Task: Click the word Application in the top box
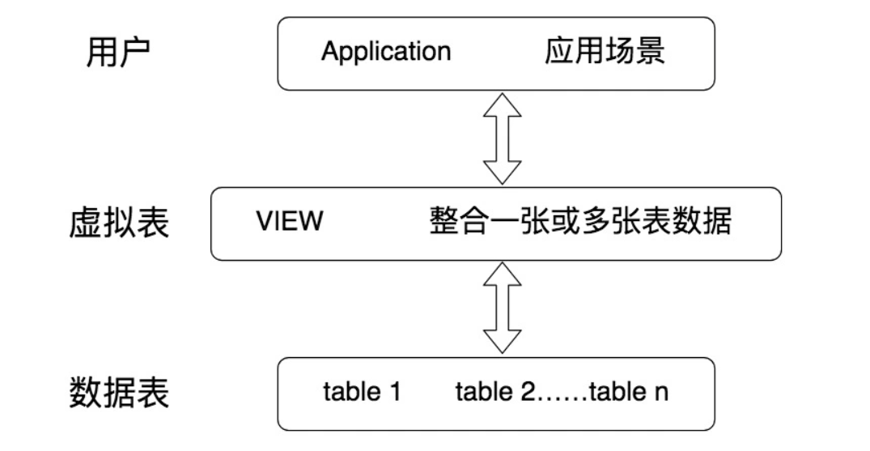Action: (385, 53)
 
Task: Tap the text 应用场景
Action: (605, 52)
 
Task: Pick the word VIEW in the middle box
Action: (289, 222)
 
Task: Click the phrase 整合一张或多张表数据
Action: (579, 222)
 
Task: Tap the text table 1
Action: (362, 393)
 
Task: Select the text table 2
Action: (494, 393)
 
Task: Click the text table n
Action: (629, 393)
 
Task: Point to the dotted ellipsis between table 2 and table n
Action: (562, 397)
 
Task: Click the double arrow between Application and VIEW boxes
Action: (502, 138)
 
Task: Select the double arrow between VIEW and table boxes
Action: (502, 308)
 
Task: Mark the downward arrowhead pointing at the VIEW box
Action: (502, 172)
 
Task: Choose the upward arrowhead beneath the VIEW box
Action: (502, 275)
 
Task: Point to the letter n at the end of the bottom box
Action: (661, 394)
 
